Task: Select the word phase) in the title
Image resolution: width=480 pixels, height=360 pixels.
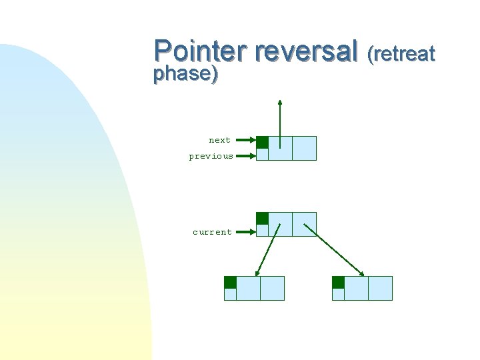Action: click(x=185, y=73)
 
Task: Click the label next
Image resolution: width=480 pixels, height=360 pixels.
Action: click(x=219, y=140)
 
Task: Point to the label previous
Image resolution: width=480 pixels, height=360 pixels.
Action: click(x=211, y=156)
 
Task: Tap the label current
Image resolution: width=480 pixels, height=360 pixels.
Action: click(x=212, y=232)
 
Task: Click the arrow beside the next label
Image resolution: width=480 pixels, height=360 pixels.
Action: click(x=245, y=141)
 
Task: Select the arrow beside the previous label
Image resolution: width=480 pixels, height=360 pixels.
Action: click(x=245, y=157)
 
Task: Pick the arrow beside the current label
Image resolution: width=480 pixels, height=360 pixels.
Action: click(x=245, y=232)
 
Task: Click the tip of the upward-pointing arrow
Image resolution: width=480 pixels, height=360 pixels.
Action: click(x=280, y=102)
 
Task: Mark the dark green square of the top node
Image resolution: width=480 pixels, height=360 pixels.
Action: click(x=263, y=142)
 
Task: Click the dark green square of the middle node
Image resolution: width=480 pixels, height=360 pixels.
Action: click(x=263, y=218)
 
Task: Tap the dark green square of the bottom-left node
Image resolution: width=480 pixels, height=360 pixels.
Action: click(x=230, y=282)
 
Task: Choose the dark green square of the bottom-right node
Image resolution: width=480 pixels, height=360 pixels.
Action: click(x=338, y=282)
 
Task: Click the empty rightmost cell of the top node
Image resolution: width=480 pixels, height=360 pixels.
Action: click(x=304, y=148)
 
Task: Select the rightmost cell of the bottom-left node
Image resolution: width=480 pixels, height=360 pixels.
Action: click(x=272, y=288)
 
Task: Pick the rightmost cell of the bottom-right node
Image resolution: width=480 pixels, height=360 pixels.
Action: click(x=380, y=288)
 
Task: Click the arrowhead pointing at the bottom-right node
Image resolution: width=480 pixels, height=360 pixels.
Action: click(x=362, y=273)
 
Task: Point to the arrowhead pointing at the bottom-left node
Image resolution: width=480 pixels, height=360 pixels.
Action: click(x=257, y=273)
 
